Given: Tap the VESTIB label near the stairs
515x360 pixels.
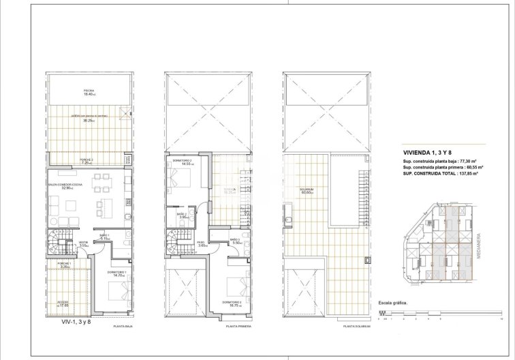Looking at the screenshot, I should point(82,243).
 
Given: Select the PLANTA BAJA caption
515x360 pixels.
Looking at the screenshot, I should point(123,327).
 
